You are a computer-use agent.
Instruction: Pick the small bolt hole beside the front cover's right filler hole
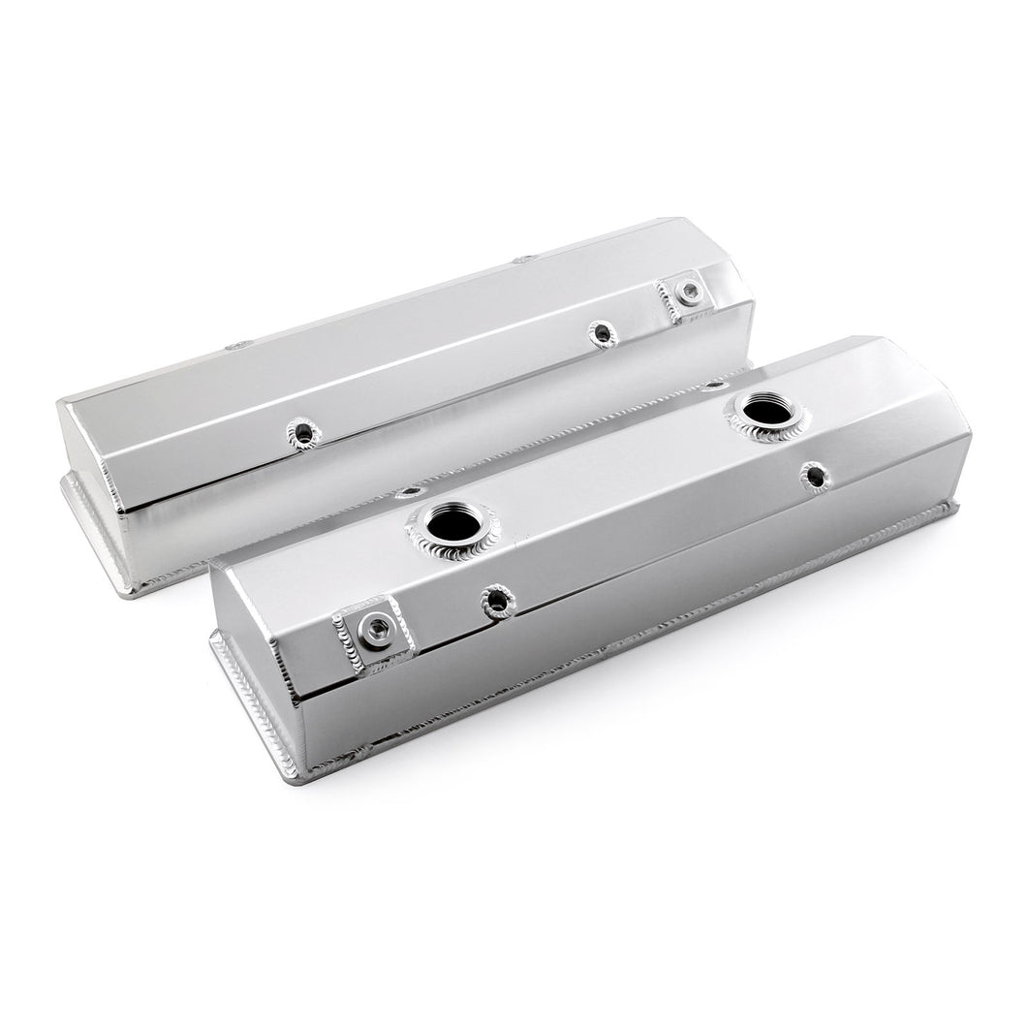(x=813, y=475)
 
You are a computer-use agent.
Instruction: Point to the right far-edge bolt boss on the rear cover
(x=524, y=260)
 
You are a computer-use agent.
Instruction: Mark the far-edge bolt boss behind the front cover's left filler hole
(x=410, y=492)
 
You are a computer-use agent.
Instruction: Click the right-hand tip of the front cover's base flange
(x=956, y=507)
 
